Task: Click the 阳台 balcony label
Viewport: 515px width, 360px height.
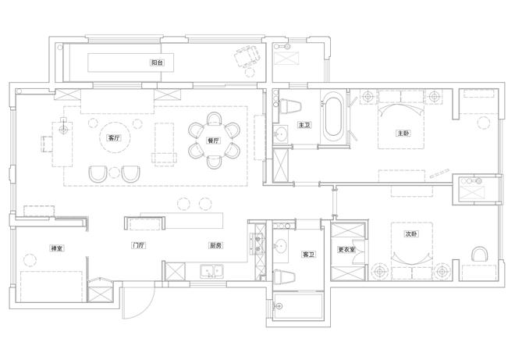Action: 157,62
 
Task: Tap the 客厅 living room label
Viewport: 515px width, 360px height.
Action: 114,138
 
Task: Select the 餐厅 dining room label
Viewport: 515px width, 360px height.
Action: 213,141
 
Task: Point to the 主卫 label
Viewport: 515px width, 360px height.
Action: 304,125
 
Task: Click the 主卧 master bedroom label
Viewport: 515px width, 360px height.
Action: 403,134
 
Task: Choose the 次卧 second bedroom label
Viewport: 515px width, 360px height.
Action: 411,234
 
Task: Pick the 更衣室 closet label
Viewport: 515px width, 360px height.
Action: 346,250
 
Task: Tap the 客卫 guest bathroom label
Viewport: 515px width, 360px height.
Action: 309,255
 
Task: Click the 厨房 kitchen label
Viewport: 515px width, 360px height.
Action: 215,245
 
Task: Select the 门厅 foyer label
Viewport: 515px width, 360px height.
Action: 139,245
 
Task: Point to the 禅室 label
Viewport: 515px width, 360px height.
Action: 56,248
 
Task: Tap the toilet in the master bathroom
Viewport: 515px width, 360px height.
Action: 290,105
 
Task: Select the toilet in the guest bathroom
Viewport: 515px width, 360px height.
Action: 285,276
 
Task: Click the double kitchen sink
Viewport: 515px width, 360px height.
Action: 211,272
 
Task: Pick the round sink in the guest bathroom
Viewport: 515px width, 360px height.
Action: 280,245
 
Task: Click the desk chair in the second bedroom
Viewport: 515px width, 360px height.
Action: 480,254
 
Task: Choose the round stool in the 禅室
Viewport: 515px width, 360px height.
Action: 30,260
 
